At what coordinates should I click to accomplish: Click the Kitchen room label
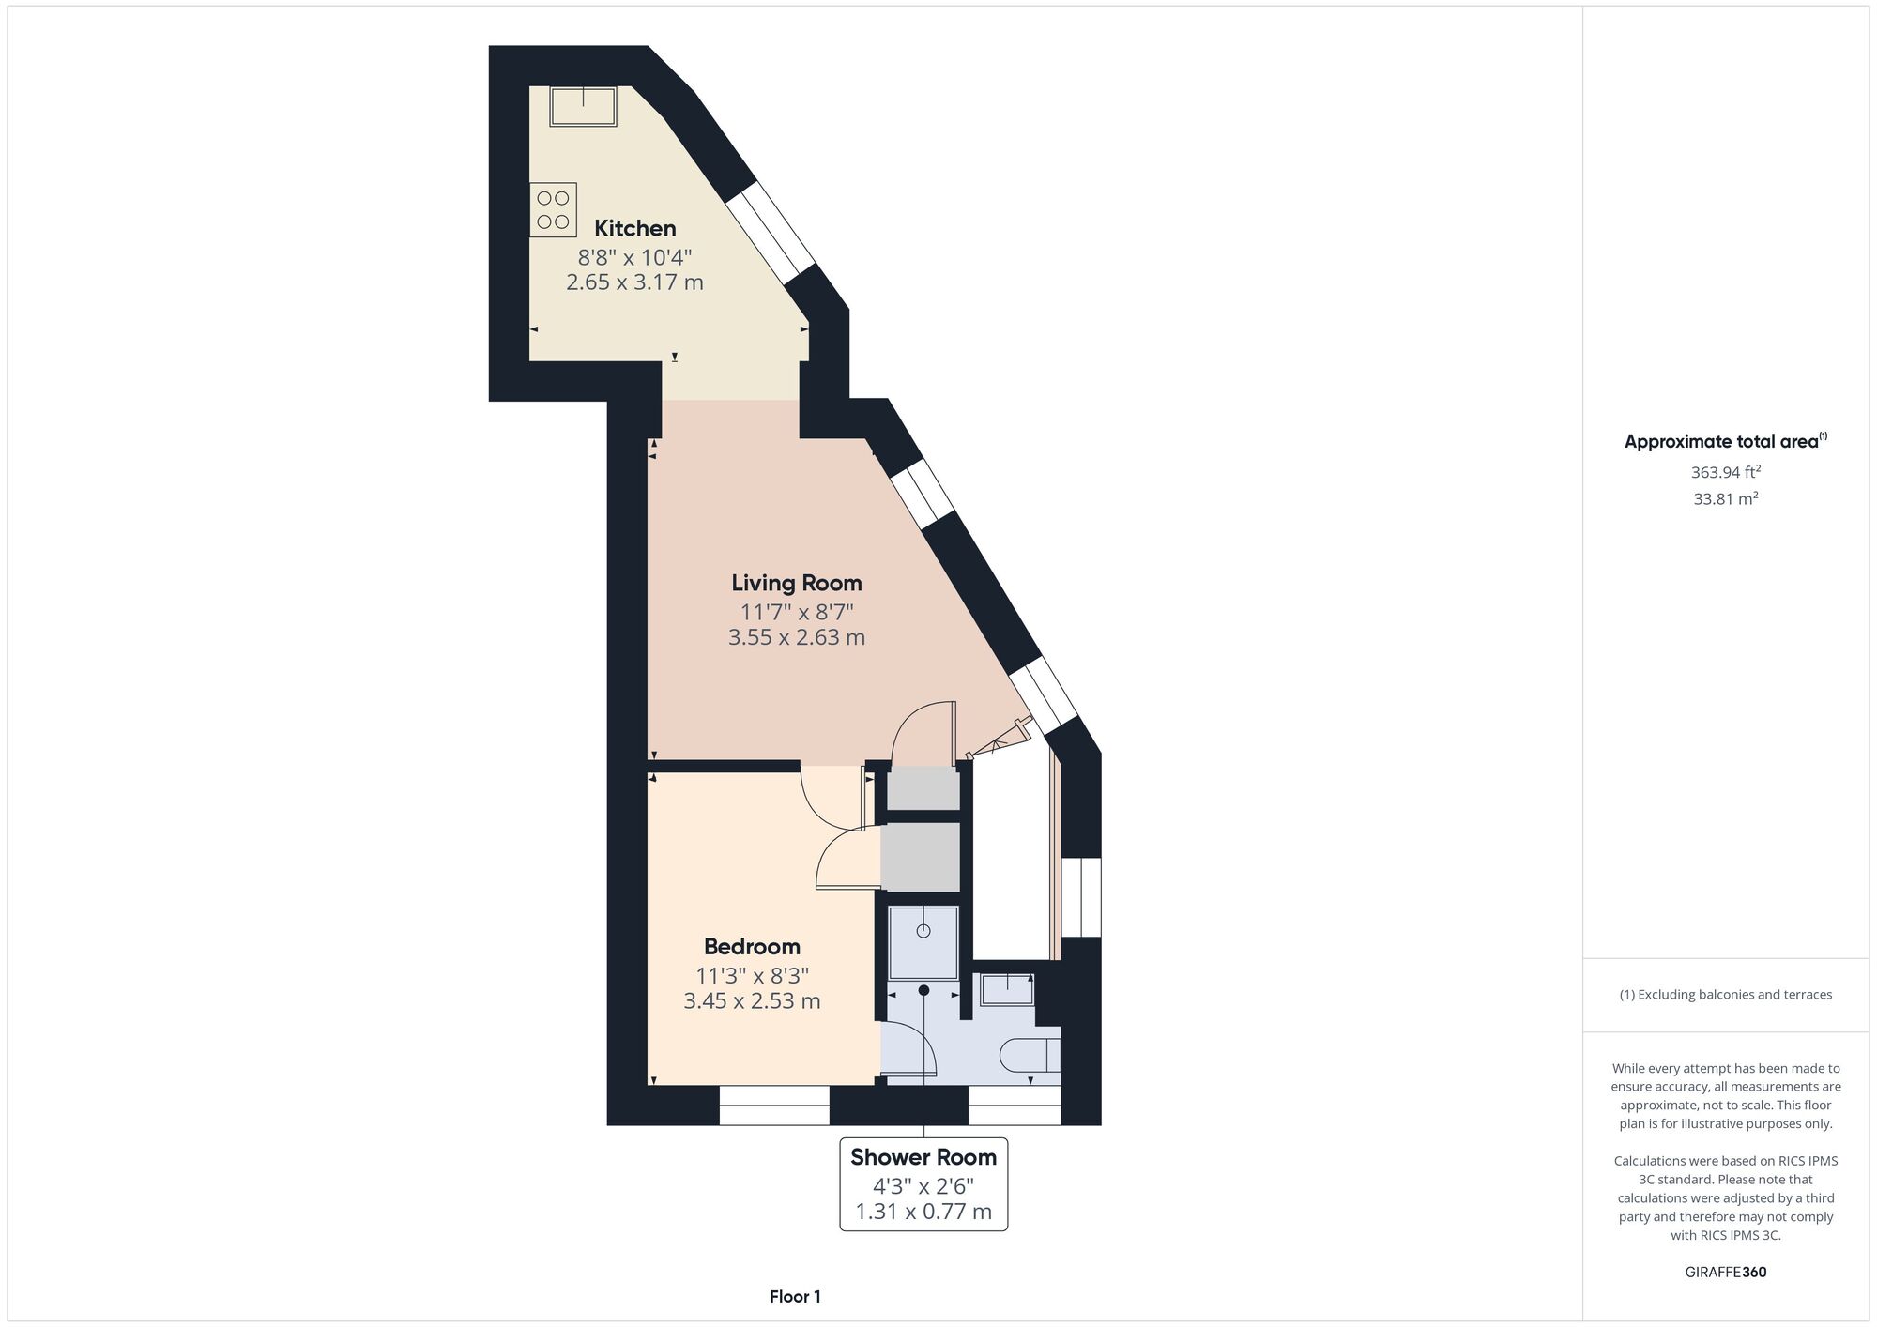click(635, 228)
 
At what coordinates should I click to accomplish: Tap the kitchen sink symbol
click(583, 106)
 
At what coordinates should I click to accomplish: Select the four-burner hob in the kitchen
click(553, 210)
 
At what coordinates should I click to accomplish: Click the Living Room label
click(797, 583)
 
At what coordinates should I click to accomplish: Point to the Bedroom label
click(752, 946)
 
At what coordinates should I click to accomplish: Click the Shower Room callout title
click(923, 1157)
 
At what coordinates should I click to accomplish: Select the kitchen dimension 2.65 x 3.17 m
click(634, 282)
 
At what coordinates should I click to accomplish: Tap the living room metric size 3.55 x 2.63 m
click(797, 637)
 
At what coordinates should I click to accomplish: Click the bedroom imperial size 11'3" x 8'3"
click(752, 974)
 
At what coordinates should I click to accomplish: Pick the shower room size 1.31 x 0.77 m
click(923, 1212)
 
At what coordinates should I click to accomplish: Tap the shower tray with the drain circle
click(923, 943)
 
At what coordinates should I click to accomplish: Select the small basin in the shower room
click(1007, 989)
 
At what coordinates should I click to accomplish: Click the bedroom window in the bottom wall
click(774, 1106)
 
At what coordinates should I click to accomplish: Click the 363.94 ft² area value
click(1726, 471)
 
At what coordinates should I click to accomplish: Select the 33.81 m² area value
click(1726, 498)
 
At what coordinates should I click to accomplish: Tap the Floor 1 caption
click(795, 1297)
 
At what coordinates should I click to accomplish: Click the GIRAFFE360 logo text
click(1726, 1272)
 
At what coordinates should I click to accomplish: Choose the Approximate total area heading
click(1726, 441)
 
